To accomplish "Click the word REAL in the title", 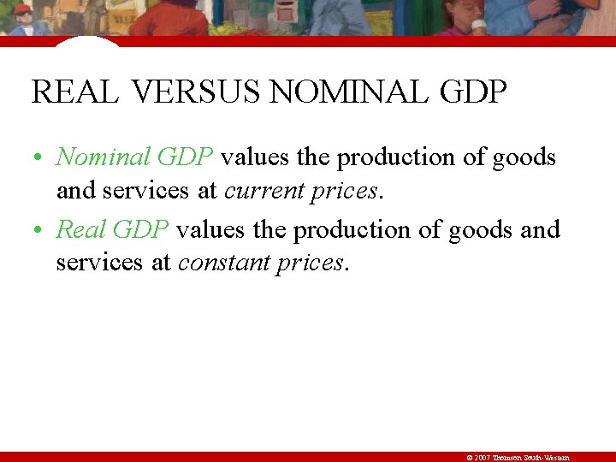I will [x=75, y=92].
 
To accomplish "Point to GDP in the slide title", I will [x=471, y=92].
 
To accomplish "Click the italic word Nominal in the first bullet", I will [x=92, y=157].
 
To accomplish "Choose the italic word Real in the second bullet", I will [x=81, y=229].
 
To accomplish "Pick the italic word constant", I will [x=224, y=262].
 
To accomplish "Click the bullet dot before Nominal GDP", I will [x=39, y=159].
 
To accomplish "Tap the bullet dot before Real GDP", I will [x=39, y=231].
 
